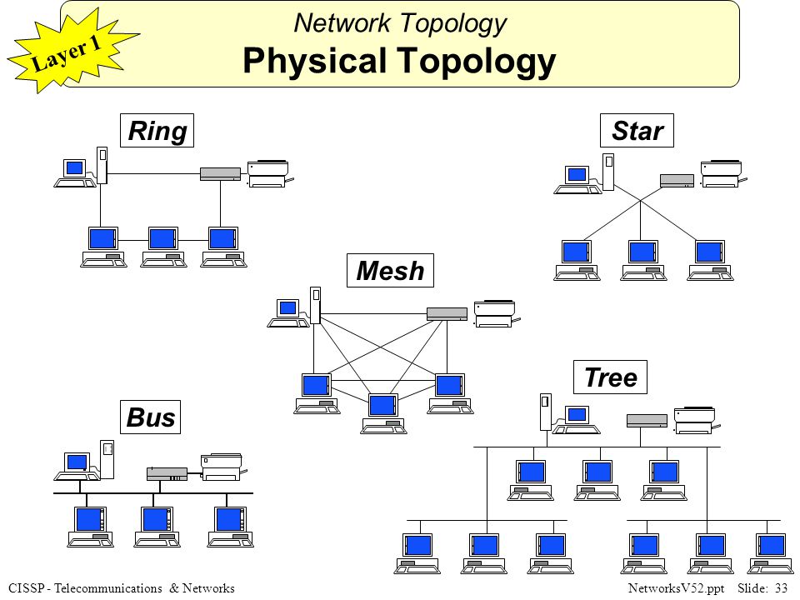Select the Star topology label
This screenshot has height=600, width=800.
637,131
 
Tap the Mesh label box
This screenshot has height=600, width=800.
390,271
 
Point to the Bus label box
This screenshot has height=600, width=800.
152,417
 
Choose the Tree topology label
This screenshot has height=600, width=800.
610,378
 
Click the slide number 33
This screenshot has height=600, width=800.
781,589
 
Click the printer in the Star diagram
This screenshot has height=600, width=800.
722,173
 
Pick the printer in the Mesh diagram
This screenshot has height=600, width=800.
495,313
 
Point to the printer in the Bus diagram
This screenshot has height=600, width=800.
221,467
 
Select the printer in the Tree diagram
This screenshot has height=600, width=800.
695,420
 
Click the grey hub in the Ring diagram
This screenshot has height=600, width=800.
220,173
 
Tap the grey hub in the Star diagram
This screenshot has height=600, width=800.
677,179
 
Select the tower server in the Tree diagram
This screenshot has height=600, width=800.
545,412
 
